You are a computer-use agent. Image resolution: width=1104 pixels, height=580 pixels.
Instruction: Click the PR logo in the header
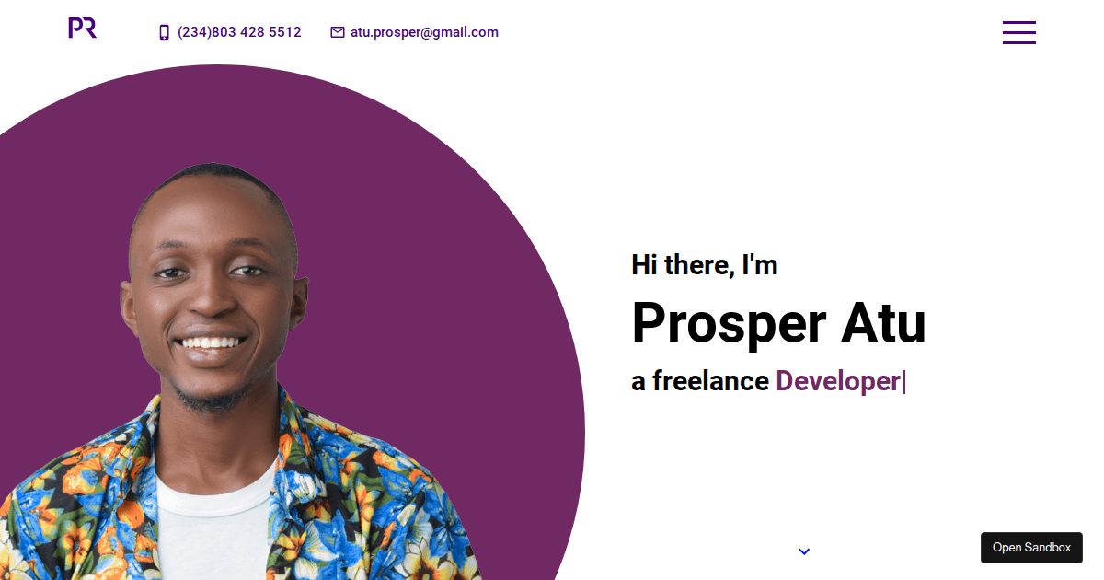point(82,28)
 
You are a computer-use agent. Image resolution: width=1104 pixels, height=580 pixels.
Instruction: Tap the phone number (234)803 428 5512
point(239,32)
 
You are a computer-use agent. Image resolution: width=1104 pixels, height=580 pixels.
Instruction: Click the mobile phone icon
point(164,32)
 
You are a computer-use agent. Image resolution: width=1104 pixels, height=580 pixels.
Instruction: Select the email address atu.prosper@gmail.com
point(424,32)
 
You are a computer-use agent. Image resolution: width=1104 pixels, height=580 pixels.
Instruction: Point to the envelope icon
point(338,32)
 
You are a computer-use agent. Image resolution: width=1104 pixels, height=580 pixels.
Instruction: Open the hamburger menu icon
point(1019,32)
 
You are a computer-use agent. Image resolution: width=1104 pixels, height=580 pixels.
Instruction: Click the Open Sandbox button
point(1031,548)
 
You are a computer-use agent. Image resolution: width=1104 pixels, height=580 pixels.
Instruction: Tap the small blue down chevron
point(804,551)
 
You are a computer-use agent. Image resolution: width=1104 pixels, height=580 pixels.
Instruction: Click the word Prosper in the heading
point(729,323)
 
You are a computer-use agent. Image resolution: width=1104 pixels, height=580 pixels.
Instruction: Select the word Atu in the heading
point(883,322)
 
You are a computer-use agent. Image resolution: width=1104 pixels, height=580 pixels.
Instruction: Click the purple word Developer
point(838,381)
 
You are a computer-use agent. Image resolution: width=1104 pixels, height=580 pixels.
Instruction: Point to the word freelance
point(710,380)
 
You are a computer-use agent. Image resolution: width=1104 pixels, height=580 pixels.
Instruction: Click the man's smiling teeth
point(211,342)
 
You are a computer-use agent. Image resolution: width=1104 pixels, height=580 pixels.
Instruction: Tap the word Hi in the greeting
point(644,265)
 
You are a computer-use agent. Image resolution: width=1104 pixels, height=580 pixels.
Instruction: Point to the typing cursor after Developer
point(904,382)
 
